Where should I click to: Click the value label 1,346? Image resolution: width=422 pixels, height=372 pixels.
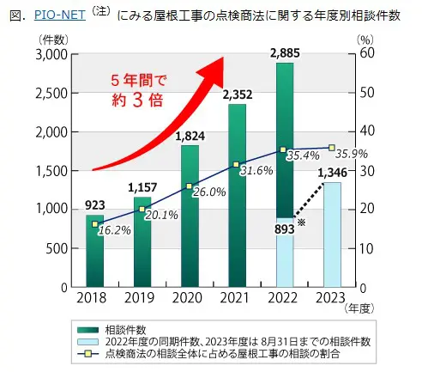click(x=333, y=173)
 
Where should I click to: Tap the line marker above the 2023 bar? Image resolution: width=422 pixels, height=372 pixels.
click(x=331, y=148)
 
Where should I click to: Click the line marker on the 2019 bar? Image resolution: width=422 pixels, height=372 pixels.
click(x=142, y=209)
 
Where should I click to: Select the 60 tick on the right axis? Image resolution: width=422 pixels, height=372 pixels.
click(x=364, y=54)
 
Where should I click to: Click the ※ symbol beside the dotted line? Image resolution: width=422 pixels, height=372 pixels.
click(x=300, y=223)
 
